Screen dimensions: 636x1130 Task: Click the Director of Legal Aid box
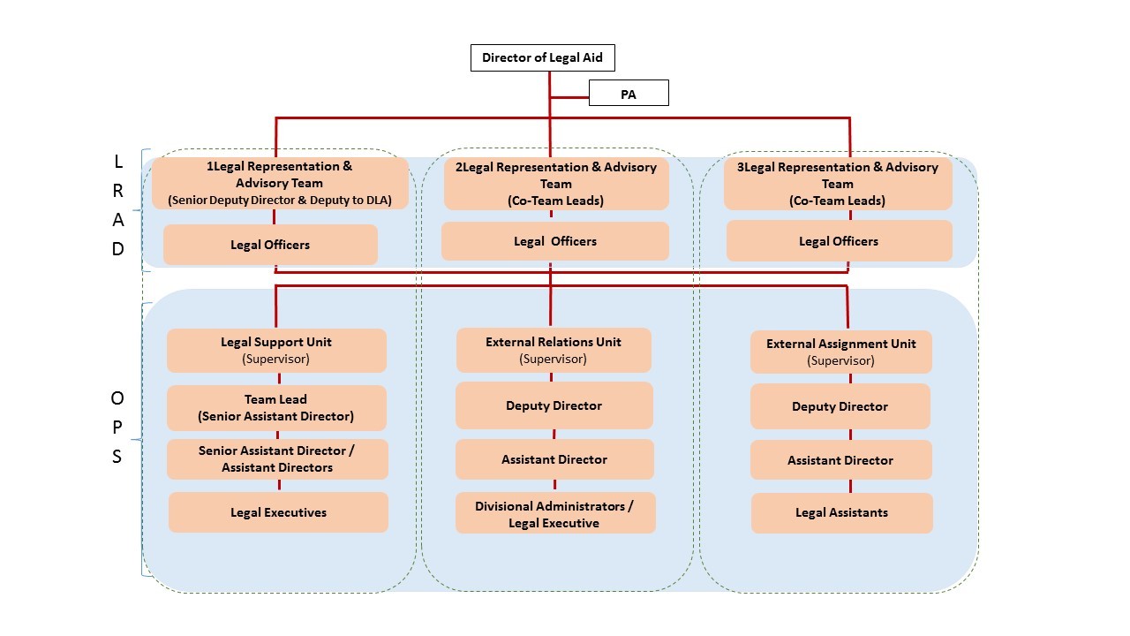[x=542, y=58]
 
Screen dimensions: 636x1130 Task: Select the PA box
[x=629, y=94]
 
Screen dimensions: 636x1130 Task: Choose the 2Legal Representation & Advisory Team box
[x=556, y=184]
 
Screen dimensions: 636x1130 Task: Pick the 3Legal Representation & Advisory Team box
[x=838, y=184]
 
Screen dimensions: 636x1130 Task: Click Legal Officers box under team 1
[x=270, y=245]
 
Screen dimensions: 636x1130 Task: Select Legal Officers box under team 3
[x=839, y=241]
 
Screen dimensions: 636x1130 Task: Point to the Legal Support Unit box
[x=276, y=351]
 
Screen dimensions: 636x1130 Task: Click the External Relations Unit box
[x=554, y=350]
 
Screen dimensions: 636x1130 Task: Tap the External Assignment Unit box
[x=841, y=352]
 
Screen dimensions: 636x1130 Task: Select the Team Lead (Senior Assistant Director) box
[x=276, y=407]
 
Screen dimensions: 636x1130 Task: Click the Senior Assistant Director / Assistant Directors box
[x=276, y=458]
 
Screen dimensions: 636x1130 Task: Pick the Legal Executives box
[x=278, y=512]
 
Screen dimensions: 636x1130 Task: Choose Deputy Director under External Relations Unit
[x=554, y=405]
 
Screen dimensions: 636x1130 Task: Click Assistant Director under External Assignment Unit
[x=840, y=460]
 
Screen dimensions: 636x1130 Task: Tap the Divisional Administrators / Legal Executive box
[x=554, y=514]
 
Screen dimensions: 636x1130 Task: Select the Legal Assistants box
[x=841, y=512]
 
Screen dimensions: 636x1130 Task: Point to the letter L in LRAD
[x=118, y=162]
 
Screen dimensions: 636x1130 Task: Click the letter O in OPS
[x=117, y=398]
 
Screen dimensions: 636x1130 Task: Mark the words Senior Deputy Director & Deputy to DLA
[x=280, y=201]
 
